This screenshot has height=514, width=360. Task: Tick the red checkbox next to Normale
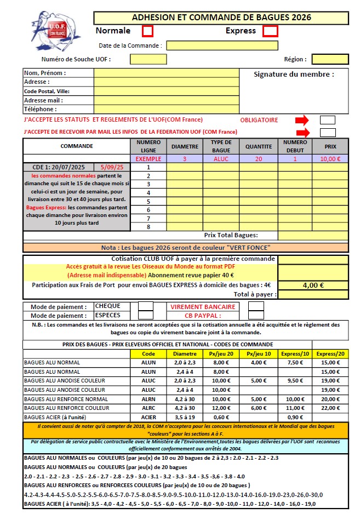pyautogui.click(x=147, y=31)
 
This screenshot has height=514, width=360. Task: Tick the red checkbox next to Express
pyautogui.click(x=270, y=31)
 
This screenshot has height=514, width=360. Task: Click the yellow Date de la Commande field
pyautogui.click(x=222, y=45)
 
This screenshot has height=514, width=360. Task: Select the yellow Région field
pyautogui.click(x=330, y=59)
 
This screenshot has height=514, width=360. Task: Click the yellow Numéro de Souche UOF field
pyautogui.click(x=148, y=59)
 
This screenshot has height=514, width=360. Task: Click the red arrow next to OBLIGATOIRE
pyautogui.click(x=302, y=120)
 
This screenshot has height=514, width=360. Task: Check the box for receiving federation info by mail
pyautogui.click(x=328, y=132)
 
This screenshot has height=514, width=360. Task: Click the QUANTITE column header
pyautogui.click(x=259, y=146)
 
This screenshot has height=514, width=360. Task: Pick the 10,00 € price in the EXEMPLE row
pyautogui.click(x=330, y=159)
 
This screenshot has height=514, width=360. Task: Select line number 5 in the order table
pyautogui.click(x=148, y=201)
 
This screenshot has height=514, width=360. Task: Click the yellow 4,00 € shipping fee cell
pyautogui.click(x=313, y=285)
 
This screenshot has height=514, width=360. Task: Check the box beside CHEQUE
pyautogui.click(x=146, y=306)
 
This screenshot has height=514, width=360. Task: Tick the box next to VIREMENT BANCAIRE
pyautogui.click(x=256, y=306)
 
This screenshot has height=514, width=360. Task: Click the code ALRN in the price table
pyautogui.click(x=148, y=399)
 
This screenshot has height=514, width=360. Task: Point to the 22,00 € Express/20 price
pyautogui.click(x=330, y=408)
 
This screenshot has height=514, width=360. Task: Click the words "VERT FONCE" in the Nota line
pyautogui.click(x=253, y=247)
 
